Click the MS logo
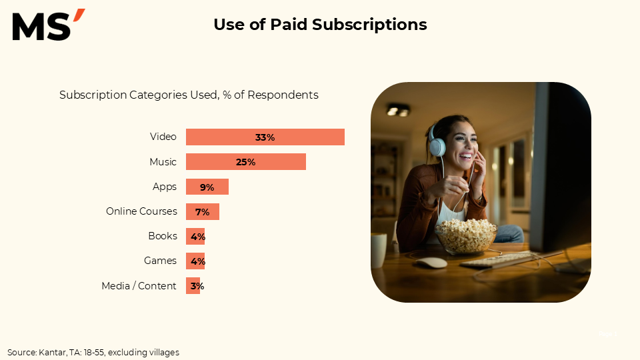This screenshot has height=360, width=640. click(49, 25)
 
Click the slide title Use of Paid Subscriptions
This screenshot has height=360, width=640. click(320, 25)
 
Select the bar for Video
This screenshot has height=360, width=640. click(265, 137)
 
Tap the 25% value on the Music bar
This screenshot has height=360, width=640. click(246, 162)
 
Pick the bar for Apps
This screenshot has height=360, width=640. click(207, 187)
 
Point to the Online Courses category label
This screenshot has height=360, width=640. click(141, 211)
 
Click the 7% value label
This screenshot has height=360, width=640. click(203, 212)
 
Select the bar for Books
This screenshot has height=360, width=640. click(195, 236)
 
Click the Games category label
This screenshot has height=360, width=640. click(161, 261)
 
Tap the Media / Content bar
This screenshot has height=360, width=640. click(193, 286)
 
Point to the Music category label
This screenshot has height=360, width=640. click(163, 162)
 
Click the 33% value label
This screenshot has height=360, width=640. click(265, 137)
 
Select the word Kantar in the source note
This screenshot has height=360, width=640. click(53, 352)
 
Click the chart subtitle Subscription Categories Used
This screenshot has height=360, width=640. click(139, 95)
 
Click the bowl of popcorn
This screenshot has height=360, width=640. click(466, 236)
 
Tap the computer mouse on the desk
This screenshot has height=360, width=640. click(431, 263)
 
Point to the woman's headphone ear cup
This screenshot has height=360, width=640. click(437, 147)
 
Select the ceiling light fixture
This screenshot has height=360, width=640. click(398, 110)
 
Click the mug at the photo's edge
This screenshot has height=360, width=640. click(379, 250)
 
